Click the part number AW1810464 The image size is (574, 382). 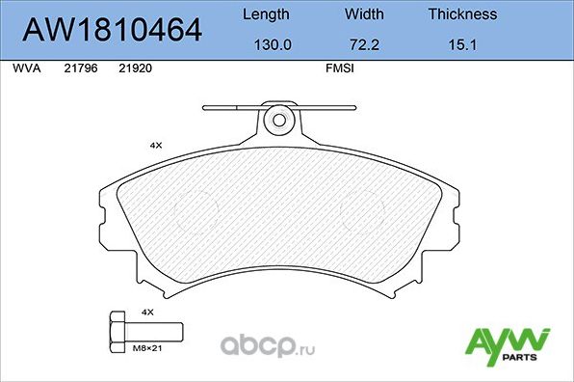[112, 31]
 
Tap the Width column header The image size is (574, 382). [363, 14]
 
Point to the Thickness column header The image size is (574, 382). [462, 14]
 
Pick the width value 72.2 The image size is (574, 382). [363, 44]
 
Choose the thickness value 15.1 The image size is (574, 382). [462, 44]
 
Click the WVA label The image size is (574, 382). [25, 69]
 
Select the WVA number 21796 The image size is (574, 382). [78, 69]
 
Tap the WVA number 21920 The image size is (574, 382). [134, 69]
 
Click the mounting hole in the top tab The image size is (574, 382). [279, 121]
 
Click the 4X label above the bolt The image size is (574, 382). [147, 314]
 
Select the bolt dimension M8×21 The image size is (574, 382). [147, 350]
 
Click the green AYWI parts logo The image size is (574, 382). [507, 343]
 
